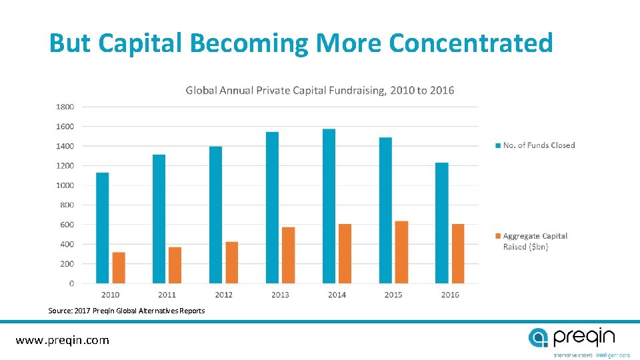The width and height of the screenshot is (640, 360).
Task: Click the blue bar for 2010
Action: pos(102,228)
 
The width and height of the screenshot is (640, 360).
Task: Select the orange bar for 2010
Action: pos(119,268)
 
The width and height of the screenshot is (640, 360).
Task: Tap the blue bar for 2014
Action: pos(329,206)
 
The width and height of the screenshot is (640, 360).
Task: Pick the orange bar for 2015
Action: pos(401,252)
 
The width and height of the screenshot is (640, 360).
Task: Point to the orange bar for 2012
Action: pos(231,263)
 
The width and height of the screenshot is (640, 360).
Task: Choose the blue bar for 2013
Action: pos(272,207)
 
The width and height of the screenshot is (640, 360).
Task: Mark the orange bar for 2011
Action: pos(175,265)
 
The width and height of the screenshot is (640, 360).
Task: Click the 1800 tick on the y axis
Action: pos(65,107)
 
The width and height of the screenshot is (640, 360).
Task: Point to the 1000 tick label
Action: pos(65,185)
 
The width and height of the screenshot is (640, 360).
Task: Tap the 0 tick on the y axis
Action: pos(71,284)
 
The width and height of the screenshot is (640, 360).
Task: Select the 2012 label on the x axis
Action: pos(223,295)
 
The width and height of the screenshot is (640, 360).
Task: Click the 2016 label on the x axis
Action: pos(450,295)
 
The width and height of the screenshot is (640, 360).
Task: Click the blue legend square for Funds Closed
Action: pos(498,145)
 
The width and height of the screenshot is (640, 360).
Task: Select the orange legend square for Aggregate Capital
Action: pos(498,236)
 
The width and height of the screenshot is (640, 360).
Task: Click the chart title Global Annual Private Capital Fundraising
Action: pos(320,90)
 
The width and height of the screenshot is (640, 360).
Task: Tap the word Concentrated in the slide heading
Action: pos(471,43)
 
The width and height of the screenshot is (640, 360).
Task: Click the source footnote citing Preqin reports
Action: pos(127,311)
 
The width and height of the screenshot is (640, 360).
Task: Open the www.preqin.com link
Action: pos(63,340)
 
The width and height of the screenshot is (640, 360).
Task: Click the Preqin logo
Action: pos(571,337)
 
